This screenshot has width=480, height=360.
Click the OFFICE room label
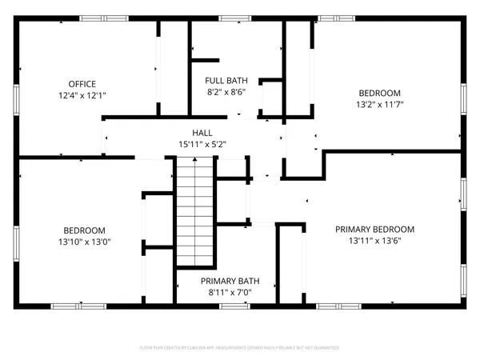coord(82,84)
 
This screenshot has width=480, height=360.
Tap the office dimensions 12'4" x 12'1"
coord(82,95)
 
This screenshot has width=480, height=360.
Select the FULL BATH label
coord(226,81)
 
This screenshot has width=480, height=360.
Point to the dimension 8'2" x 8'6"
coord(226,92)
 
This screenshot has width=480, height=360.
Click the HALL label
coord(202,133)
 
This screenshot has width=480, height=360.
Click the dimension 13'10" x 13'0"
coord(83,242)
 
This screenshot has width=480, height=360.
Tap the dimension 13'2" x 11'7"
coord(382,104)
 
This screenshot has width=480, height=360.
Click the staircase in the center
coord(196,212)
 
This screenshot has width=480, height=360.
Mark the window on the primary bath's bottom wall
coord(234,306)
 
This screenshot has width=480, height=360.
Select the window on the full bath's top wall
coord(234,18)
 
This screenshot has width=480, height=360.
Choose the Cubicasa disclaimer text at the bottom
coord(240,348)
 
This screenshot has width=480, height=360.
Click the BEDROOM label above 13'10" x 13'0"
coord(83,230)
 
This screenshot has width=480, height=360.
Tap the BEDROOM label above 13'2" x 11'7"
coord(382,93)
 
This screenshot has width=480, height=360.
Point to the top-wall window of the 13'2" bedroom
coord(336,18)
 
